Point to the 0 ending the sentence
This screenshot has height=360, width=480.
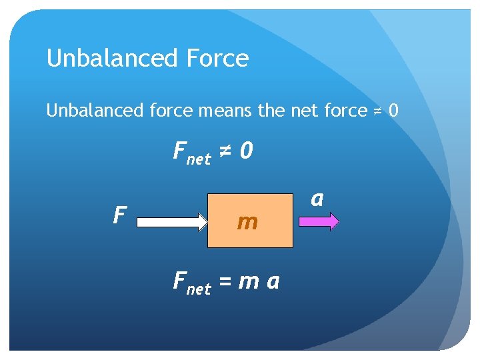pyautogui.click(x=393, y=110)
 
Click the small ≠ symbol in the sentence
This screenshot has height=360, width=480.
pyautogui.click(x=377, y=111)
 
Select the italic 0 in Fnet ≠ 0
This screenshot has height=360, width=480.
pyautogui.click(x=247, y=152)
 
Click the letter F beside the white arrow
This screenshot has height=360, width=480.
pyautogui.click(x=120, y=215)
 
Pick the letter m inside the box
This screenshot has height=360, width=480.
pyautogui.click(x=247, y=222)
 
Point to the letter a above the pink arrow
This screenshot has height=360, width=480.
pyautogui.click(x=317, y=198)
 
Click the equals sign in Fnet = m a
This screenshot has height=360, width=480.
pyautogui.click(x=225, y=282)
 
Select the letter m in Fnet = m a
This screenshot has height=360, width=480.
pyautogui.click(x=248, y=283)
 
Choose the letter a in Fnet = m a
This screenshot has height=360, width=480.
pyautogui.click(x=273, y=283)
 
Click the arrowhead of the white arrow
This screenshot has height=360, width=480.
pyautogui.click(x=202, y=221)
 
